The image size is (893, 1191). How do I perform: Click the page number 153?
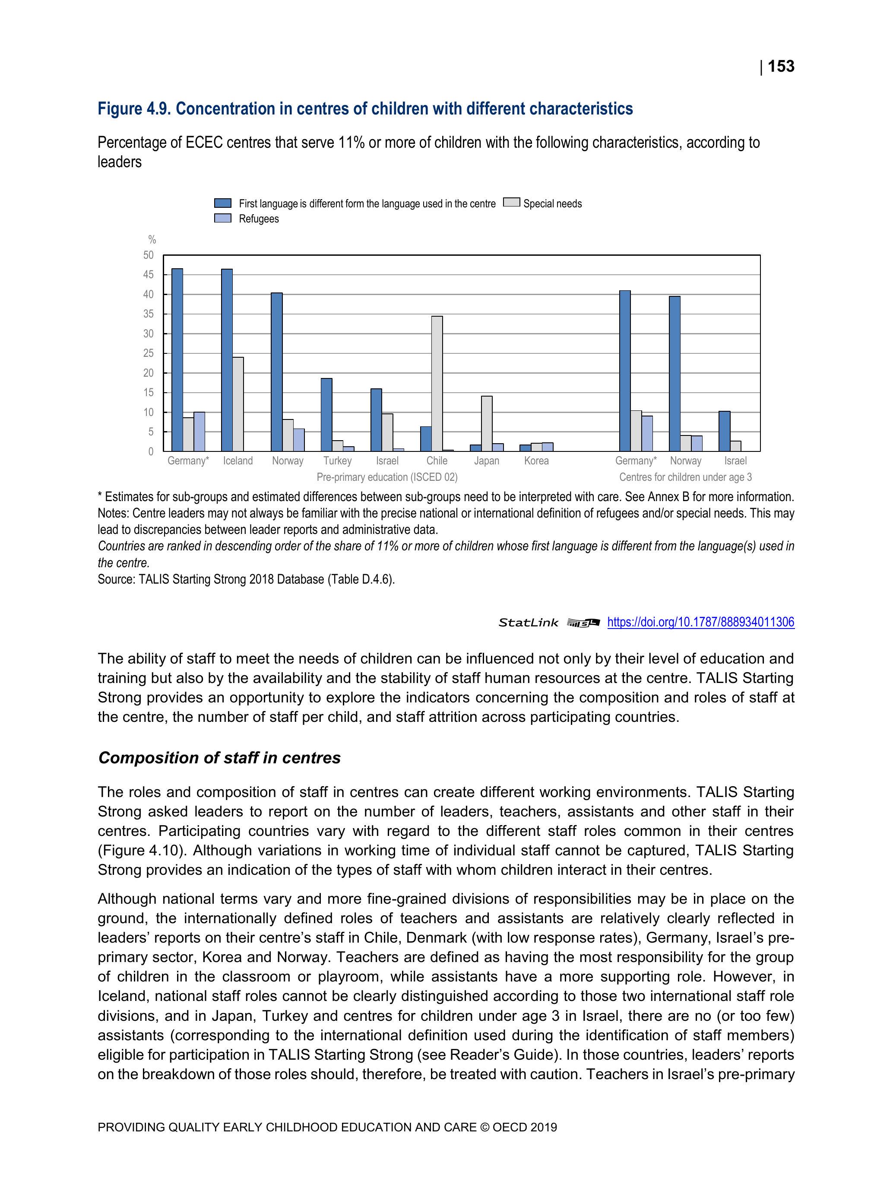(x=780, y=66)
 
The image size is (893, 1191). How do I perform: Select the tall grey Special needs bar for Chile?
(x=437, y=383)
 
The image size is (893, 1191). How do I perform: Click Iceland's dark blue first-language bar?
(x=227, y=360)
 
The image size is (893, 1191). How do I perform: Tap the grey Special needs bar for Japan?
(x=487, y=423)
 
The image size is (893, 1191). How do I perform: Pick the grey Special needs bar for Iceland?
(x=238, y=404)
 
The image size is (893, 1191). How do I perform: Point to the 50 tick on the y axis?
(x=149, y=255)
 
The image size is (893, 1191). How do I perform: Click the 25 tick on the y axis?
(x=149, y=353)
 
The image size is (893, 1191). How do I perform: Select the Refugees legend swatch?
(x=223, y=219)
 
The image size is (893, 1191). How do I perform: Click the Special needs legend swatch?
(x=511, y=203)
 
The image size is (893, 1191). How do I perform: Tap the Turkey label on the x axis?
(x=338, y=461)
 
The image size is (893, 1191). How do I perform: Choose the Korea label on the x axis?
(x=536, y=461)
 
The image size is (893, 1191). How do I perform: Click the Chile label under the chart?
(x=437, y=461)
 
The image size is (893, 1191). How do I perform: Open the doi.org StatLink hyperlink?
(x=700, y=622)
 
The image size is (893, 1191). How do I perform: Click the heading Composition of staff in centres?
(x=219, y=758)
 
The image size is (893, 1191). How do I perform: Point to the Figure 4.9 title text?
(x=365, y=109)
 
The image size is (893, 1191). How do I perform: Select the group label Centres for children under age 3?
(x=685, y=477)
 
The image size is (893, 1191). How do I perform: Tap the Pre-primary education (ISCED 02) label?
(x=387, y=477)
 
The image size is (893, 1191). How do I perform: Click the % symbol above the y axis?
(x=152, y=240)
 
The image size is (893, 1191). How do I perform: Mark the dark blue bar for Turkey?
(x=326, y=415)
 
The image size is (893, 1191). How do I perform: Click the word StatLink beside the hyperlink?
(x=528, y=623)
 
